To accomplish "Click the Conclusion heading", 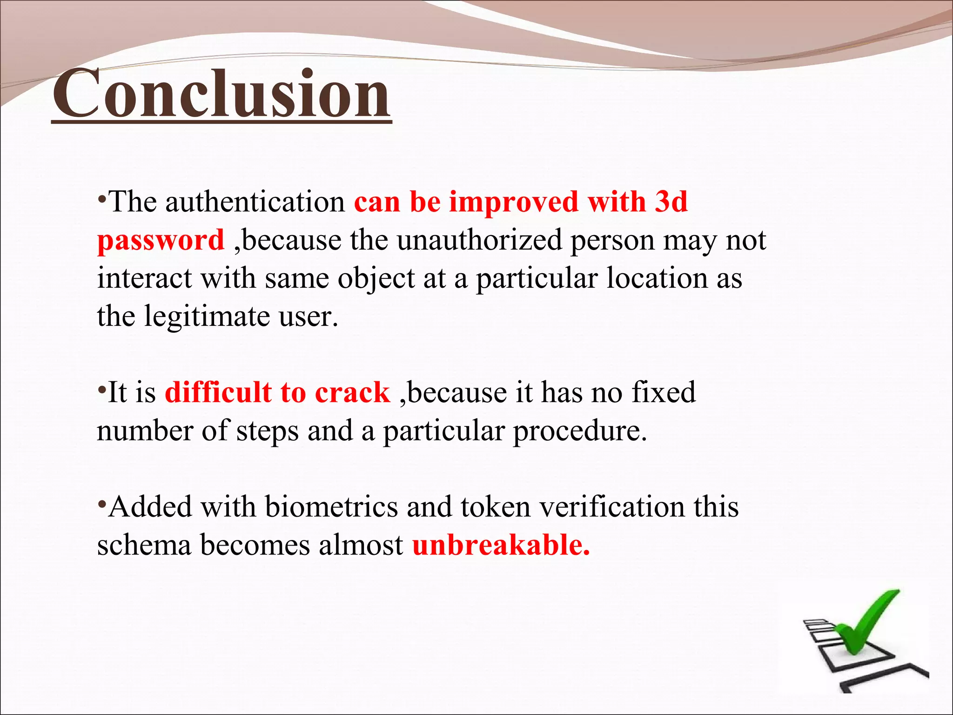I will click(x=221, y=93).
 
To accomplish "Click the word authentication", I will click(x=255, y=202).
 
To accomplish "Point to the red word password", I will click(x=161, y=241).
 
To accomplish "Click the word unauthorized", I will click(x=479, y=241).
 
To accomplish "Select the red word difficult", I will click(x=218, y=392).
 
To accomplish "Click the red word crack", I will click(x=352, y=392).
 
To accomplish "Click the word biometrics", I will click(x=331, y=507).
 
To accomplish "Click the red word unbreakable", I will click(x=501, y=545).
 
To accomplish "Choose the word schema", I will click(x=144, y=545).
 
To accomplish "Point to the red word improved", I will click(x=513, y=202).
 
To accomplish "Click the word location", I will click(x=657, y=279).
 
